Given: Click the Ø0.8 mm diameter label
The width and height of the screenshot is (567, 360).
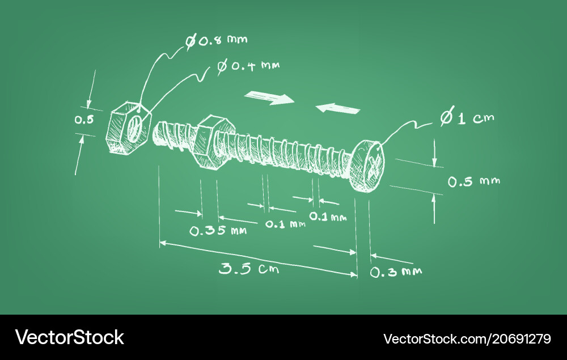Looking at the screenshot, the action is [x=216, y=40].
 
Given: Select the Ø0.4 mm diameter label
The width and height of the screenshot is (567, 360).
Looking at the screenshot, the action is [x=248, y=66].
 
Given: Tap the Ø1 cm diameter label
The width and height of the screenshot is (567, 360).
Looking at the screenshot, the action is [x=467, y=117].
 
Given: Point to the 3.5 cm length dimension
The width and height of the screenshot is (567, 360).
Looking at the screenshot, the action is [x=249, y=268].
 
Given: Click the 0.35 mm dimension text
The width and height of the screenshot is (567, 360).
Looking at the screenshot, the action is [x=218, y=231].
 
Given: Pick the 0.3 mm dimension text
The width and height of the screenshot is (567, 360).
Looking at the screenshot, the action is [x=396, y=272].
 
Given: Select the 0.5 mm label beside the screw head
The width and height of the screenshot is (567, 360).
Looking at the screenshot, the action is [x=473, y=181].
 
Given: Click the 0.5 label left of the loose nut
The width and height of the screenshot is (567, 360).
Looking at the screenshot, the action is [x=84, y=119].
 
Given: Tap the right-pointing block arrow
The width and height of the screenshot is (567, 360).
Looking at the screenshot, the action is [x=269, y=98].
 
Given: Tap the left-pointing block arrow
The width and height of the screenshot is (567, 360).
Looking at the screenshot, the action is [x=338, y=108].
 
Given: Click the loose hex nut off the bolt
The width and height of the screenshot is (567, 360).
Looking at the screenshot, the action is [x=128, y=128].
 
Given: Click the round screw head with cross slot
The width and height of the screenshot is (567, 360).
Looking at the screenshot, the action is [x=367, y=165].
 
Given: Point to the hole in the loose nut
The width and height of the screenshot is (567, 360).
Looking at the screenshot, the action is [x=134, y=129].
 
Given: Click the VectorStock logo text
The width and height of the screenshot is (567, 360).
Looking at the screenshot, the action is [x=69, y=337].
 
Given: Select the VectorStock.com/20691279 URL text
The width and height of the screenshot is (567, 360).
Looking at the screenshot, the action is [x=467, y=338].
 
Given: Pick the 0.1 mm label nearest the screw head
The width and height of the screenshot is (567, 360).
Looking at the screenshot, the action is [x=328, y=217].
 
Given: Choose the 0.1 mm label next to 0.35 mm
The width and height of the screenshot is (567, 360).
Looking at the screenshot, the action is [x=285, y=224].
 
